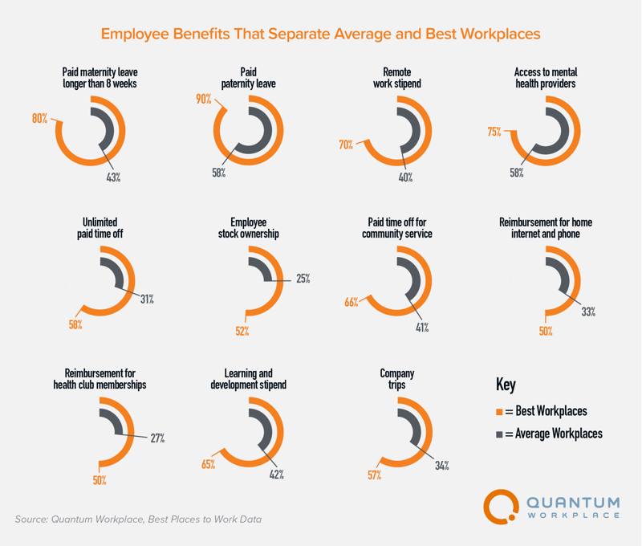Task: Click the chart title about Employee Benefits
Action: click(321, 35)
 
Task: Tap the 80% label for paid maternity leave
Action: click(39, 118)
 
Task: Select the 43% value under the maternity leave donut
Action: click(113, 177)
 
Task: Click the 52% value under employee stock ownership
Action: click(242, 330)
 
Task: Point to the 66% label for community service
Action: click(351, 303)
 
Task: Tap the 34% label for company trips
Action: click(441, 464)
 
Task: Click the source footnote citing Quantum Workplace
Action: click(138, 520)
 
